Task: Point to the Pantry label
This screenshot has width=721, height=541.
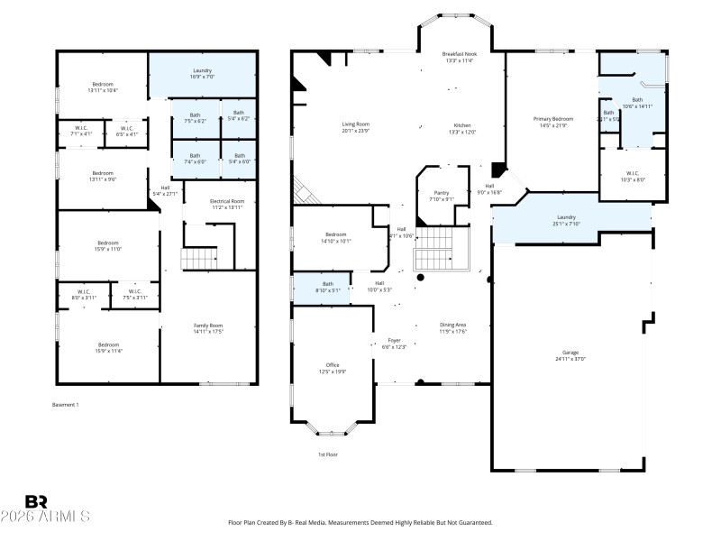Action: [x=441, y=192]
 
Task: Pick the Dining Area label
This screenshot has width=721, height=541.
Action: [x=452, y=325]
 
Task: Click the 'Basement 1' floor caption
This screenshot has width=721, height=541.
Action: [x=66, y=405]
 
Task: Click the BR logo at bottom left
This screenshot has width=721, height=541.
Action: [x=36, y=501]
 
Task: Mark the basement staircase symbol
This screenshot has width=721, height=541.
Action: [x=199, y=259]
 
